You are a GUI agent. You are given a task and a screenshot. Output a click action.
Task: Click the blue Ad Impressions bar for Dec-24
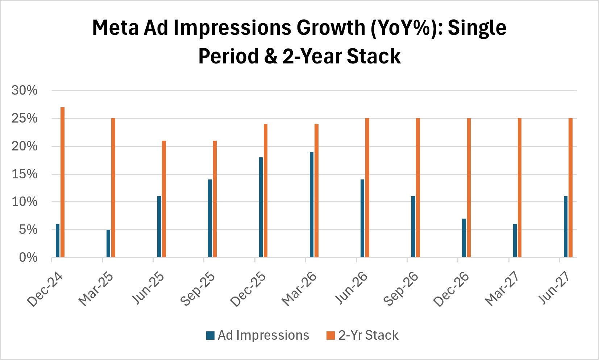point(58,241)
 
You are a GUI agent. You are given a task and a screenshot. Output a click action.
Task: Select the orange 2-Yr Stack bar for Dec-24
point(62,182)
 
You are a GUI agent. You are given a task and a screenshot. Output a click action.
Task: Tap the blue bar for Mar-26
point(312,204)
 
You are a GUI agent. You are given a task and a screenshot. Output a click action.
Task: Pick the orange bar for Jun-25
point(164,199)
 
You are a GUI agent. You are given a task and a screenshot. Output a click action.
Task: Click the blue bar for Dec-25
point(261,207)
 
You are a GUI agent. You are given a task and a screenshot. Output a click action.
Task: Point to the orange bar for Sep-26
point(418,188)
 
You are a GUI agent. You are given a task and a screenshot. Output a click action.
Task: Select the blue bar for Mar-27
point(515,241)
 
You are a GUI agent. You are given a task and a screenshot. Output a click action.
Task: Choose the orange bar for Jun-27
point(570,188)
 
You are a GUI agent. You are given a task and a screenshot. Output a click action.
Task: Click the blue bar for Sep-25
point(210,218)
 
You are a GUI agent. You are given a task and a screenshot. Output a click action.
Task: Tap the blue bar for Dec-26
point(464,238)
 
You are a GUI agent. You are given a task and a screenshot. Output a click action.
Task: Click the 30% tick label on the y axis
point(24,90)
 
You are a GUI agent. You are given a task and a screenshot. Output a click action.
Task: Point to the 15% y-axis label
point(24,174)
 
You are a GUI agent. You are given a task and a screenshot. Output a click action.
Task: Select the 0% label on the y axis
point(28,257)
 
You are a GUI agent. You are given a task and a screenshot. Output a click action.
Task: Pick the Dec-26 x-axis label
point(451,290)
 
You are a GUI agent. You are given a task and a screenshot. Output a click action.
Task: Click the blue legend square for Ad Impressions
point(211,335)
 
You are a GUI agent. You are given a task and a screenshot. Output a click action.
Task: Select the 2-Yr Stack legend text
point(368,335)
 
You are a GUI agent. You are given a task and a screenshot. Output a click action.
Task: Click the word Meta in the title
point(116,28)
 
